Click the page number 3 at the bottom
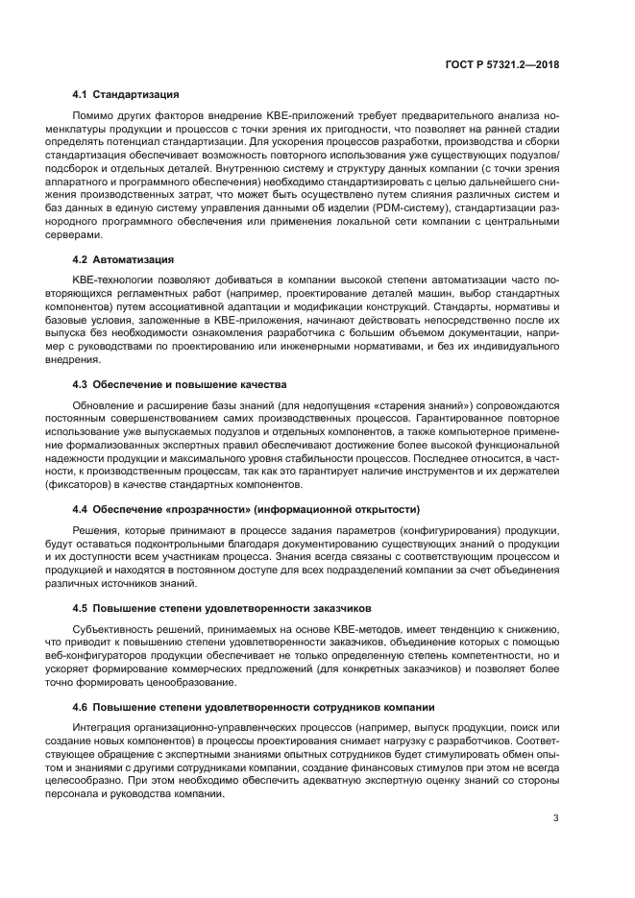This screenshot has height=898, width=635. click(x=556, y=818)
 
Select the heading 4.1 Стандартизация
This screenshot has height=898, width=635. click(x=125, y=96)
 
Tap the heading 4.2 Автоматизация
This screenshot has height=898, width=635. click(x=123, y=260)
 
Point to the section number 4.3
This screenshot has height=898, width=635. click(x=81, y=385)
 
